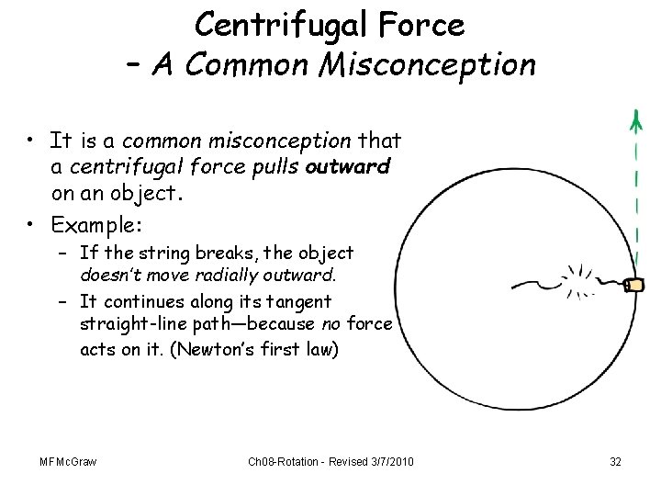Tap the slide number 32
pos(615,461)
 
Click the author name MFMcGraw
pos(67,461)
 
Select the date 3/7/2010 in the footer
pos(387,461)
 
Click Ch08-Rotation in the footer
pos(282,461)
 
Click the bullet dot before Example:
pos(30,224)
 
